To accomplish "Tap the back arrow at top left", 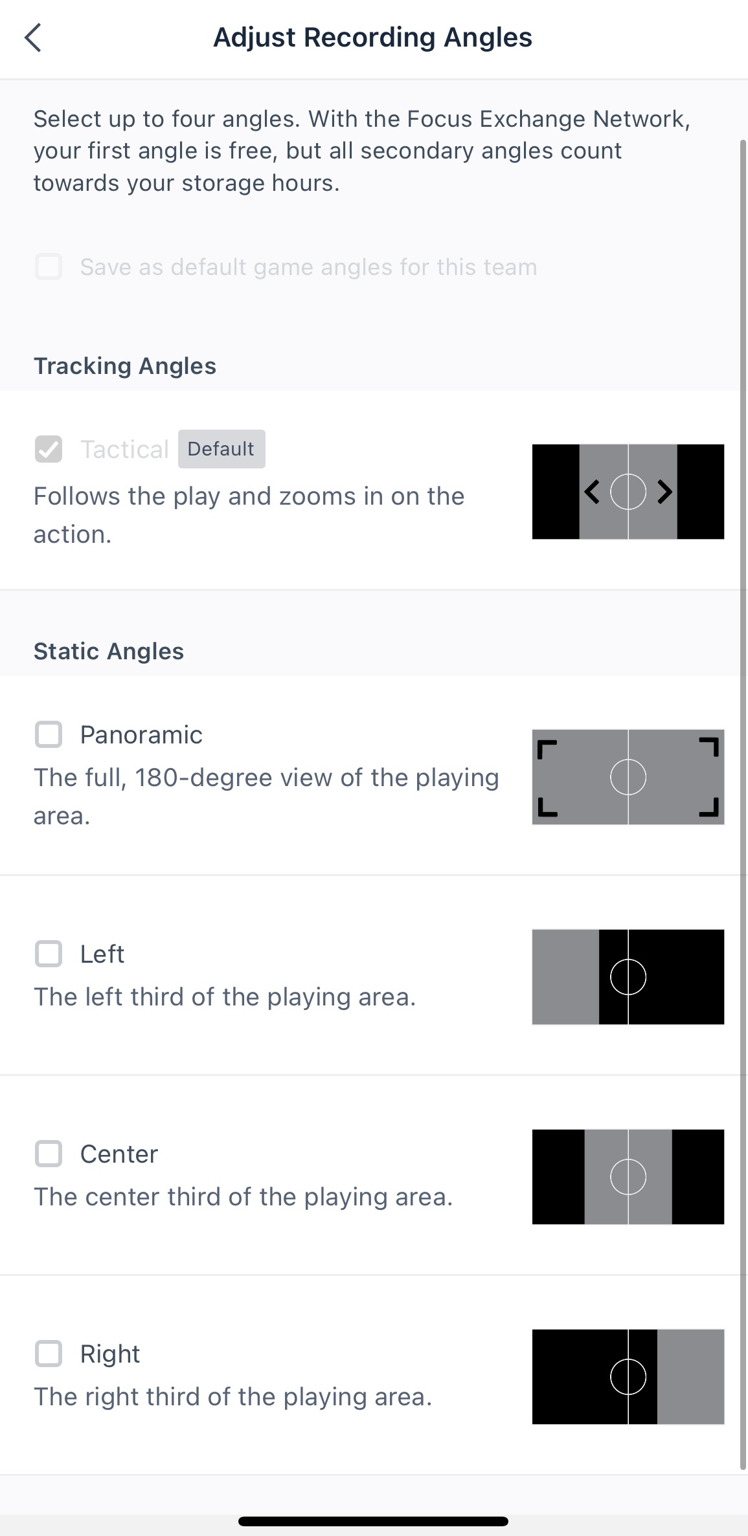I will tap(33, 38).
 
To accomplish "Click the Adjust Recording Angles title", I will tap(372, 38).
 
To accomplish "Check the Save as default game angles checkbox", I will tap(49, 267).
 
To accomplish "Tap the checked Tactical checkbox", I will tap(49, 449).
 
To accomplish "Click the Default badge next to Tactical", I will tap(221, 449).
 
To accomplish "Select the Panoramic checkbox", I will tap(49, 734).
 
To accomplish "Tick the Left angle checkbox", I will tap(49, 954).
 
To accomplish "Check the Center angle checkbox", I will tap(49, 1154).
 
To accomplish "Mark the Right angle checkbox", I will tap(49, 1354).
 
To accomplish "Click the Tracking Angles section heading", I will tap(125, 366).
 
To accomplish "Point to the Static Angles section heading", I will tap(109, 652).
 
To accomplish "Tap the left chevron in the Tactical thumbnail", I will tap(592, 492).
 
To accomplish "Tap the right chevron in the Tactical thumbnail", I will tap(664, 492).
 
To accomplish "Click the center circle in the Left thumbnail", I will tap(628, 977).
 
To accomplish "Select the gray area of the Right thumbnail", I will tap(690, 1377).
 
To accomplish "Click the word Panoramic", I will tap(141, 735).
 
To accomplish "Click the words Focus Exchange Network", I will tap(549, 119).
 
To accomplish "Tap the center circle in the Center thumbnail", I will tap(628, 1177).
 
